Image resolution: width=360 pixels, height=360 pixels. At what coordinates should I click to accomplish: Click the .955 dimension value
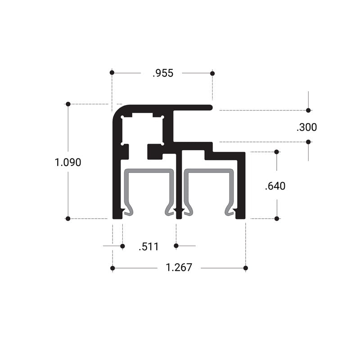pos(162,73)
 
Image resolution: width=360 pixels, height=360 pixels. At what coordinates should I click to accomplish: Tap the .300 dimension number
pos(306,127)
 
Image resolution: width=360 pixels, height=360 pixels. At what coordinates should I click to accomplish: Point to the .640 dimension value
pos(275,185)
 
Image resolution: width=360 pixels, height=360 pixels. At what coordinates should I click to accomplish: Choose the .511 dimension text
pos(148,246)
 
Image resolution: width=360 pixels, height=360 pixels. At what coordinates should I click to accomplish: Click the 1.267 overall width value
pos(179,268)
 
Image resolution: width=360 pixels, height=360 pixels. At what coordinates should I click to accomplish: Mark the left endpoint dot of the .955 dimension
pos(112,72)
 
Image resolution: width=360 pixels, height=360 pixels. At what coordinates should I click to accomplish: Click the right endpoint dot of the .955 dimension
pos(212,73)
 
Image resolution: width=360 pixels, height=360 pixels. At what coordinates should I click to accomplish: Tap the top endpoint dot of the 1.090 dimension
pos(68,104)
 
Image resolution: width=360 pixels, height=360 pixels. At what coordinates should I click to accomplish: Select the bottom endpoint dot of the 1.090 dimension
pos(68,219)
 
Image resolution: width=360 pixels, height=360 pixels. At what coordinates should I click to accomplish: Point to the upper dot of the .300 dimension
pos(308,110)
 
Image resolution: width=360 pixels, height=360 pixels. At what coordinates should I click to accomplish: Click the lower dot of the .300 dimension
pos(308,142)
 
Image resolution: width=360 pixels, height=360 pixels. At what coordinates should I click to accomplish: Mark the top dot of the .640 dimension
pos(277,152)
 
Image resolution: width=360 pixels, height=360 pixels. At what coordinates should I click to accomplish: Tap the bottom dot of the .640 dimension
pos(277,219)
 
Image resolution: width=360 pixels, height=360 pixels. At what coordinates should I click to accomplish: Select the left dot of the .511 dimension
pos(122,246)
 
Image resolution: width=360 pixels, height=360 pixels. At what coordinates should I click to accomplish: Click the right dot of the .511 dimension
pos(176,246)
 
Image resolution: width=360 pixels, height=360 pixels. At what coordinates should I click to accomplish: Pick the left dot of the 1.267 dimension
pos(112,268)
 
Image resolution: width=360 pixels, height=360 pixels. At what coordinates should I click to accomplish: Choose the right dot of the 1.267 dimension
pos(246,268)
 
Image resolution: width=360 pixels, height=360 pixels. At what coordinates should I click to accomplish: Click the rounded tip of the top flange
pos(210,108)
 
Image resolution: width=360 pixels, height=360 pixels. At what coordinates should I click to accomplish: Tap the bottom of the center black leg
pos(179,217)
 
